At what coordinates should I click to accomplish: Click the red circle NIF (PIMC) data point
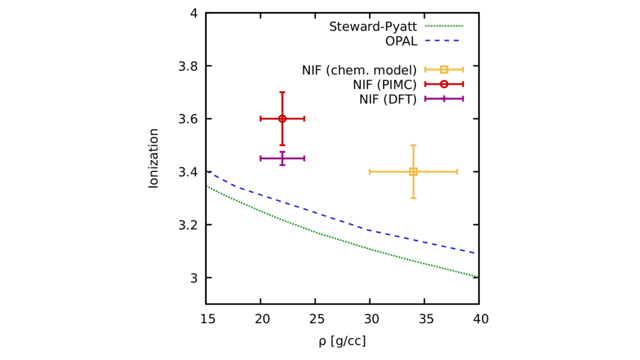282,119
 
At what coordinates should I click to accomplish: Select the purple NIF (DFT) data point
282,158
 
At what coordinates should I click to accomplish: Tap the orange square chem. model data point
413,172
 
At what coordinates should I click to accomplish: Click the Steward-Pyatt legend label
374,26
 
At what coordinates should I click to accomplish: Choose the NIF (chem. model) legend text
359,70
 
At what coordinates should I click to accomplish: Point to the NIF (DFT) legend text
388,99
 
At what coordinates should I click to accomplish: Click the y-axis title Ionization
153,158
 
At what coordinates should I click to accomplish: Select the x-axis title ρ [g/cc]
342,341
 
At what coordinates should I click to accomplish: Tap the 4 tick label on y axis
194,13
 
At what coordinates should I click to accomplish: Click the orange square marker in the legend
444,69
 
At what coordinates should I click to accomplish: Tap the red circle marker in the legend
444,84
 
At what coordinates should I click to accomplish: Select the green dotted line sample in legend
444,26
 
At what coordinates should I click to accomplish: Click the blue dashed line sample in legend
444,41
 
